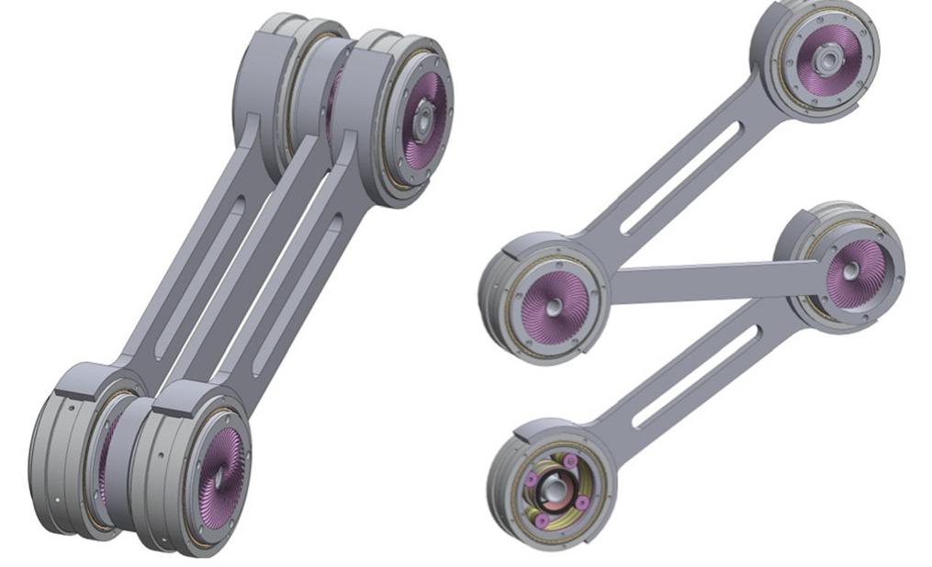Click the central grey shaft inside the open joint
[x=553, y=487]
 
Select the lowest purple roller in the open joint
[x=542, y=520]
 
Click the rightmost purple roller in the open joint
[x=581, y=502]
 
